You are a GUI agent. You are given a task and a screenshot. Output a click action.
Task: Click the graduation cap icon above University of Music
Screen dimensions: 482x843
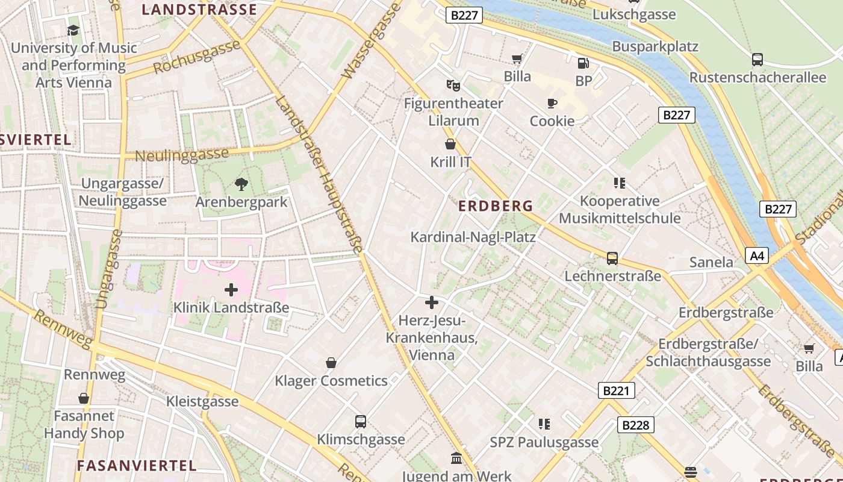(73, 30)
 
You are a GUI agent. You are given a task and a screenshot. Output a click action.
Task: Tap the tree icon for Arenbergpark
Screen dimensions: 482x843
(241, 184)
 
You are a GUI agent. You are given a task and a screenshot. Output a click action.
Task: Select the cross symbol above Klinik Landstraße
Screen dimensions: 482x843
(231, 290)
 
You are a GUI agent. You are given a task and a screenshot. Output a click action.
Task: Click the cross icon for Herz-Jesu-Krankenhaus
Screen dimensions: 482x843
(432, 302)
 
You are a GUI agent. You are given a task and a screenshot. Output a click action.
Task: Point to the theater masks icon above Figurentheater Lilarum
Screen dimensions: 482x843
(453, 86)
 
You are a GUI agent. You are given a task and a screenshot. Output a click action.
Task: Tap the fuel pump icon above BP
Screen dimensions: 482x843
(583, 63)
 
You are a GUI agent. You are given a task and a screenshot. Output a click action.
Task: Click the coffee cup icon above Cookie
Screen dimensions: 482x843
(552, 103)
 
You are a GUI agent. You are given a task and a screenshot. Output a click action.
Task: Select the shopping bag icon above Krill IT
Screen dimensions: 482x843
(450, 144)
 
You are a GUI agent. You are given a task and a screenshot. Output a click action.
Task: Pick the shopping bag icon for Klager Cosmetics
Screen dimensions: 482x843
(331, 363)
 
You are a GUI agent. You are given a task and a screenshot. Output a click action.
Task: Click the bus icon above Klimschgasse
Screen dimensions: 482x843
(361, 421)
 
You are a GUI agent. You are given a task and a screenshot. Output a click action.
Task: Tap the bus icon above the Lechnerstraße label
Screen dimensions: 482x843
(612, 258)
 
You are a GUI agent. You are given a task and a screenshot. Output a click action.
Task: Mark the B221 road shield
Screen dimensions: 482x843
(617, 390)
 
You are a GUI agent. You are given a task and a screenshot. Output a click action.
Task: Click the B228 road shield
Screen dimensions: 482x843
(635, 425)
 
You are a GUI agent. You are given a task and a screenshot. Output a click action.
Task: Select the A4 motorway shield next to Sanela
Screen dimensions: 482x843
(757, 255)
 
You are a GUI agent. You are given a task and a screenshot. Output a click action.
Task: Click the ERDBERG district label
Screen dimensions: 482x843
(496, 206)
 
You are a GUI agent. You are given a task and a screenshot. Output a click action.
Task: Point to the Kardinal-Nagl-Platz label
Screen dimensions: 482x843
(473, 237)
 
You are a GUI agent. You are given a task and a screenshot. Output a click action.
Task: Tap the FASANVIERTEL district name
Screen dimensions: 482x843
(137, 465)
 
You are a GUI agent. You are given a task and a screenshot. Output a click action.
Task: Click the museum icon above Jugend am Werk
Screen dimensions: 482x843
(456, 459)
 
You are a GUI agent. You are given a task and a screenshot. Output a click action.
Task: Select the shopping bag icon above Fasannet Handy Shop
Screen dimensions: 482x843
(84, 398)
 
